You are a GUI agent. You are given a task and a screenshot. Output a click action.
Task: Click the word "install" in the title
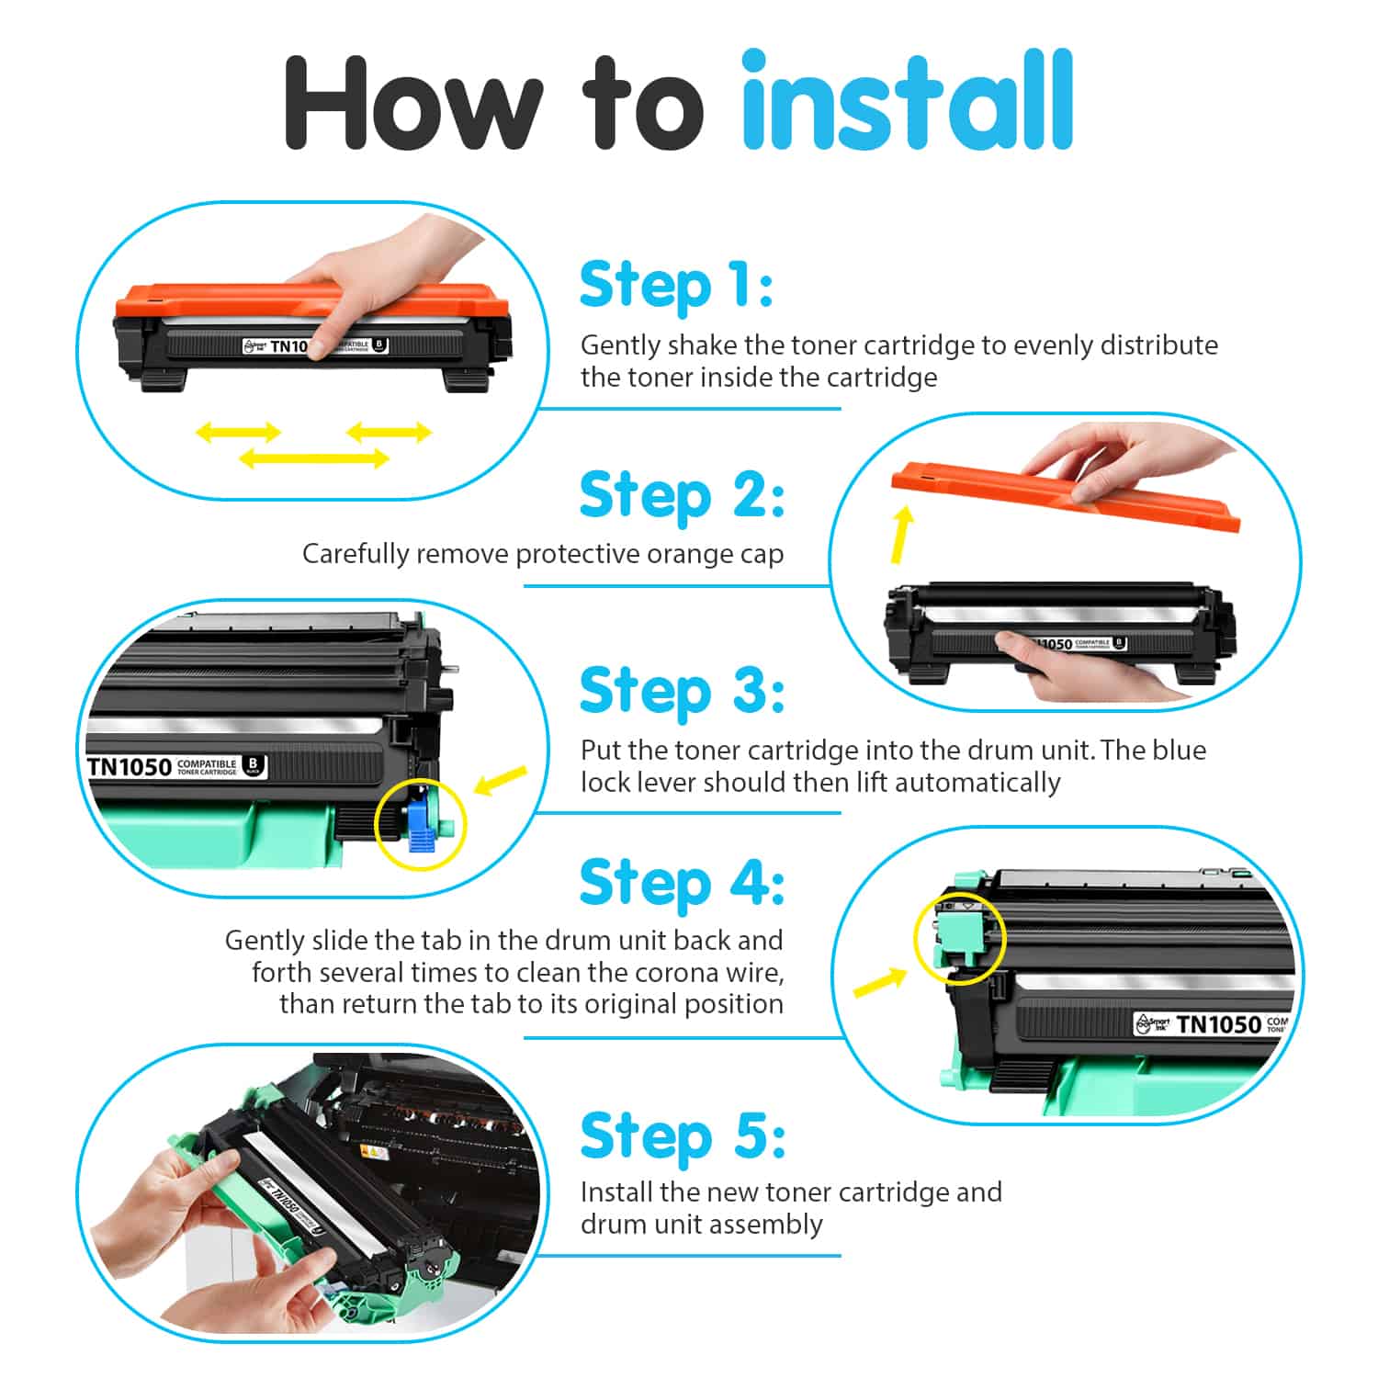(908, 100)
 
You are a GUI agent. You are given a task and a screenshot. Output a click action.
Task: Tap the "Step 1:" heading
(676, 286)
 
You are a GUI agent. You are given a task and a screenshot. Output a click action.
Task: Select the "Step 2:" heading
(683, 496)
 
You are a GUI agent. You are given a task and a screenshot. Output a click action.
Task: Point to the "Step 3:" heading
(683, 691)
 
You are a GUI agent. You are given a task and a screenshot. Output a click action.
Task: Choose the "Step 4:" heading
(683, 883)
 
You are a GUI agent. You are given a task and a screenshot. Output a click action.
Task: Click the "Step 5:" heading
(683, 1136)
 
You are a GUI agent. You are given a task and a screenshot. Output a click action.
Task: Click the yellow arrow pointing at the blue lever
(501, 781)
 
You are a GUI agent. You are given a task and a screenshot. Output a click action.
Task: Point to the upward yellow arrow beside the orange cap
(902, 536)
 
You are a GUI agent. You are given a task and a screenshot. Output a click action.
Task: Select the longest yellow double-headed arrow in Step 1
(314, 457)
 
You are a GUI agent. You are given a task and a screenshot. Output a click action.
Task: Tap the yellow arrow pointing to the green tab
(879, 982)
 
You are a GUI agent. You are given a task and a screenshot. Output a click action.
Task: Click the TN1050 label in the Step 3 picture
(176, 766)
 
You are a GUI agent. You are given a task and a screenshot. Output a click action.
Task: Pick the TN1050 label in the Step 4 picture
(1212, 1023)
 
